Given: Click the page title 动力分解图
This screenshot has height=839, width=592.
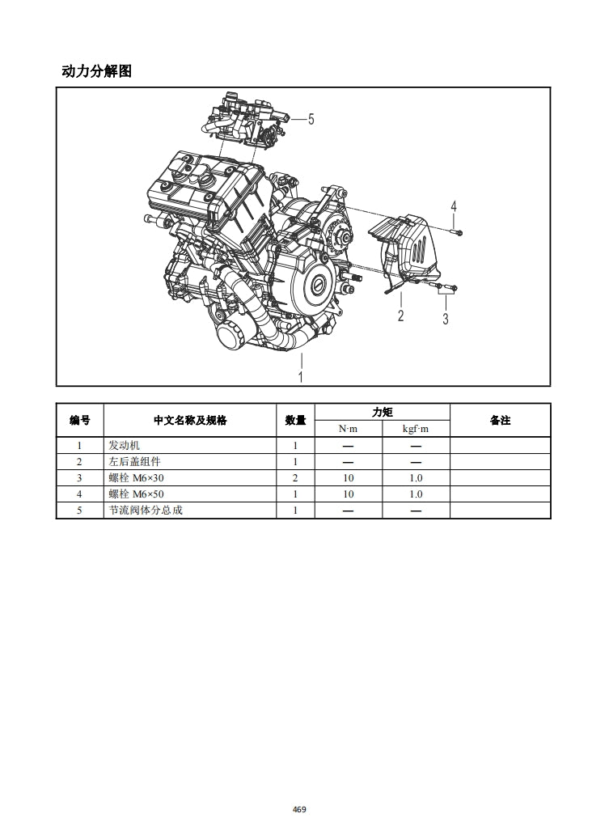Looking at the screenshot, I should pyautogui.click(x=96, y=71).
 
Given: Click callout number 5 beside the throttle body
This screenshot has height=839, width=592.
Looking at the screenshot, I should pyautogui.click(x=311, y=119).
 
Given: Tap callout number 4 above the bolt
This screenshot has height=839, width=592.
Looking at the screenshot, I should pyautogui.click(x=454, y=206).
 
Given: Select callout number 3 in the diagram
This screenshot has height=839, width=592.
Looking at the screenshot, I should pyautogui.click(x=446, y=318).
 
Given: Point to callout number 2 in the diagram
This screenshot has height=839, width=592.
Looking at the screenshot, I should pyautogui.click(x=400, y=316).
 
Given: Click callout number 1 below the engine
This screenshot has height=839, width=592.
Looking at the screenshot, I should pyautogui.click(x=301, y=376).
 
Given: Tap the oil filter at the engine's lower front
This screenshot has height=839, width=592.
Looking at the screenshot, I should pyautogui.click(x=230, y=332).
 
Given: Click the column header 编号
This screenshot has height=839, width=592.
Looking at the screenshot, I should pyautogui.click(x=79, y=420).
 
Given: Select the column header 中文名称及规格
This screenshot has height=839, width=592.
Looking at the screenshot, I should pyautogui.click(x=190, y=420).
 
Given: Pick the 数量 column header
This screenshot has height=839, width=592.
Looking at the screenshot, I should pyautogui.click(x=295, y=420).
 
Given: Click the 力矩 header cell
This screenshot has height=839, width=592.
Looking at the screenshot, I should pyautogui.click(x=382, y=412).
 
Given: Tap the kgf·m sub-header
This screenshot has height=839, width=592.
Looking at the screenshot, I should pyautogui.click(x=416, y=428).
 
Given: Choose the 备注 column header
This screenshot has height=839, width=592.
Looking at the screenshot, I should pyautogui.click(x=500, y=420).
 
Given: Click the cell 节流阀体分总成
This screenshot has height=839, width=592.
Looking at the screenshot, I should pyautogui.click(x=146, y=510).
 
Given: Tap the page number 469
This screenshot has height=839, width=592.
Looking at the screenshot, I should pyautogui.click(x=299, y=809).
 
